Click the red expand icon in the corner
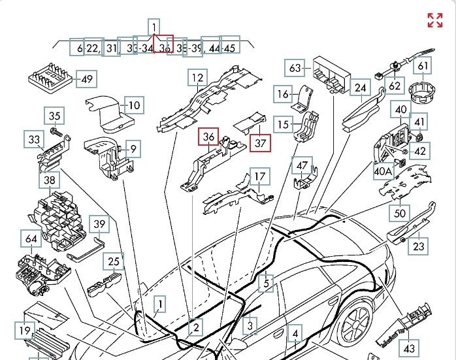(x=435, y=20)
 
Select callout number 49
(x=86, y=80)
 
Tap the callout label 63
(x=295, y=68)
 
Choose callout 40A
(x=383, y=172)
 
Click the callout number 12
(x=197, y=78)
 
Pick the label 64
(x=32, y=239)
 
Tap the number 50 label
(x=400, y=212)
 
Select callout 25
(x=114, y=263)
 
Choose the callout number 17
(x=260, y=177)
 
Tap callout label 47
(x=302, y=166)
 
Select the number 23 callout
(x=419, y=246)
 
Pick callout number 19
(x=24, y=331)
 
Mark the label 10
(x=134, y=105)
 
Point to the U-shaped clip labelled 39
(x=86, y=250)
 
